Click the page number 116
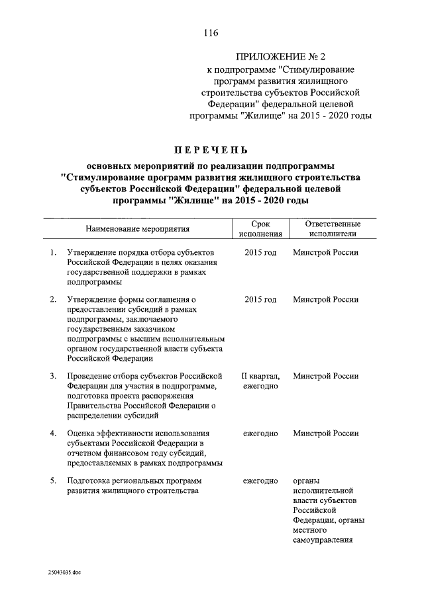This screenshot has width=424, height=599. tap(211, 32)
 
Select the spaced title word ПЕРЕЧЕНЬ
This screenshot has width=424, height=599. tap(211, 151)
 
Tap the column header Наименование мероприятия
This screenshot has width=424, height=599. tap(137, 228)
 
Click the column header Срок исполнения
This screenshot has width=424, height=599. tap(260, 228)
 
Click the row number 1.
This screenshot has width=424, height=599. tap(53, 253)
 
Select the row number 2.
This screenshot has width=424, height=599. tap(53, 299)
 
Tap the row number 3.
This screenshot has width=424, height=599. tap(53, 376)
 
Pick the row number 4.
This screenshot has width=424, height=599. tap(53, 433)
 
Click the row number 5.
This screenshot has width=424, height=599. tap(53, 480)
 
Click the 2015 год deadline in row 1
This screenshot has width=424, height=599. tap(260, 253)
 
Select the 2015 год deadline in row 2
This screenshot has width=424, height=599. tap(260, 299)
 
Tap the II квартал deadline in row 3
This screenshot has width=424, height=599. tap(260, 376)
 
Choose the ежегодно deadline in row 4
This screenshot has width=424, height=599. tap(260, 433)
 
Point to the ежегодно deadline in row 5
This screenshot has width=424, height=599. tap(260, 480)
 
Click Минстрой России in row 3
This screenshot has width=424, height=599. tap(326, 376)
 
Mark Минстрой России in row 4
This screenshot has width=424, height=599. tap(326, 433)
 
